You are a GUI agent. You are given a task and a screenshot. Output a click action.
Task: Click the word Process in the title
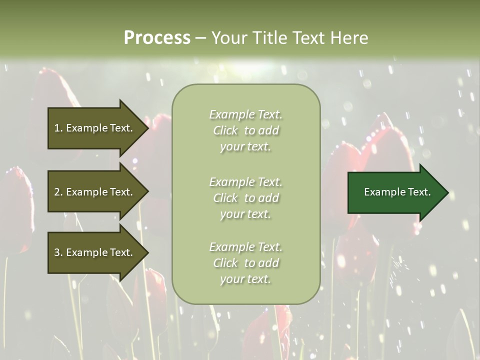click(157, 38)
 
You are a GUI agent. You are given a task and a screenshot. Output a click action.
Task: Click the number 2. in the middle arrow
click(58, 192)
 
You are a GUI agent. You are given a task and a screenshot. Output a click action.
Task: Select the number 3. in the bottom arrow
click(58, 252)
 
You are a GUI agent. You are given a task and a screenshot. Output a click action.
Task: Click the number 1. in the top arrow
click(58, 128)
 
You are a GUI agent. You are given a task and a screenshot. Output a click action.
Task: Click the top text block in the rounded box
click(245, 130)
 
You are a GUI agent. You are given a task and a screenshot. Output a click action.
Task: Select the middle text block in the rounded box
click(245, 198)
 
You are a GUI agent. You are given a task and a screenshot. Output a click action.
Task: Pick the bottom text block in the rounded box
click(245, 263)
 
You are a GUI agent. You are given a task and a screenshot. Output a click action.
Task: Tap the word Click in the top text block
click(225, 130)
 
